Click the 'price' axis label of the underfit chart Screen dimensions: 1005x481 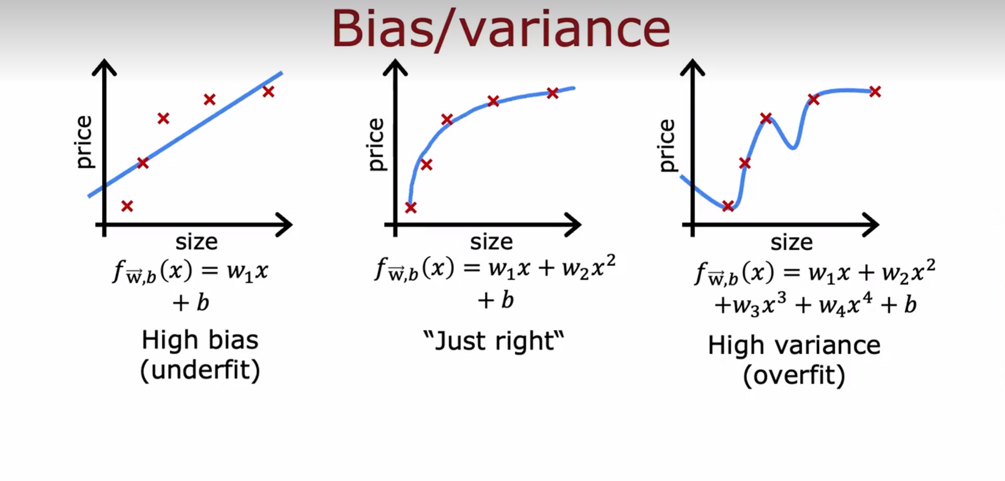84,142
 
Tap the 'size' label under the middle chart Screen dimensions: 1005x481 491,242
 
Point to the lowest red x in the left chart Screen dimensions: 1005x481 127,206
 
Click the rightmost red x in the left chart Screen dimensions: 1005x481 268,92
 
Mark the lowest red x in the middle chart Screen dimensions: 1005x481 411,207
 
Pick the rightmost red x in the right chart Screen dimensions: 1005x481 875,92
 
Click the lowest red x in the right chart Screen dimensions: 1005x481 728,206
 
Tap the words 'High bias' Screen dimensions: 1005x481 200,340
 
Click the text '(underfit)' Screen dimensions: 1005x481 200,370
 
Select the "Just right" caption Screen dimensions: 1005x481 493,341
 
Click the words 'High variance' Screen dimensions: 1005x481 794,345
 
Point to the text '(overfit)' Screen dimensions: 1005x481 794,376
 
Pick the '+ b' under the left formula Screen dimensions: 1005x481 191,303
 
